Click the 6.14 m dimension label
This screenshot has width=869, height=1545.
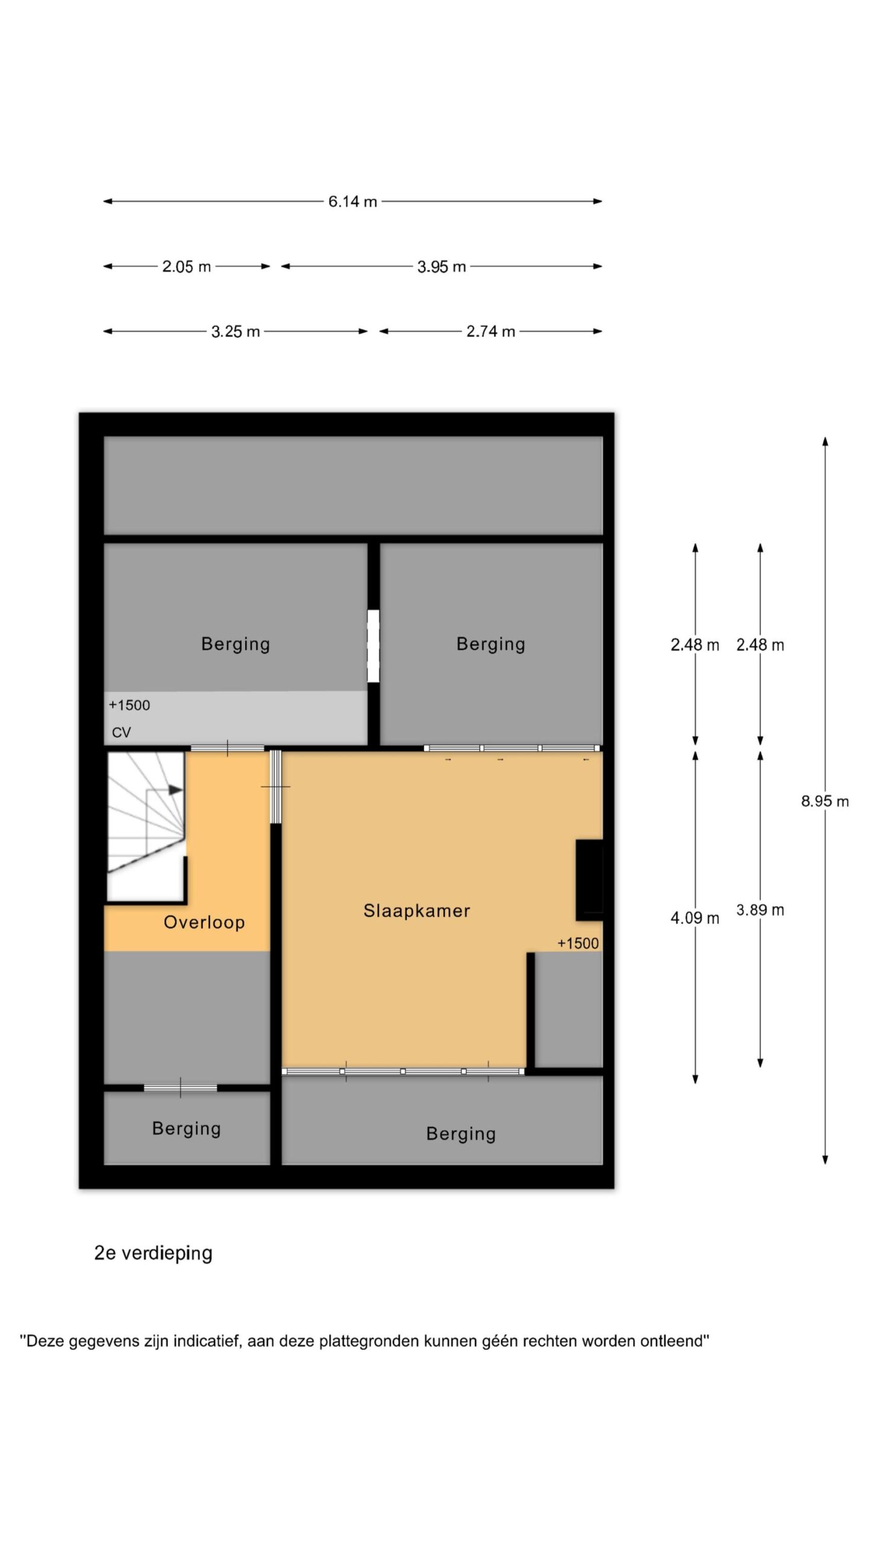tap(352, 202)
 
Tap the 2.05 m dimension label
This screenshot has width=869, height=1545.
tap(186, 266)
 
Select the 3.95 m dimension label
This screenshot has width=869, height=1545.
tap(442, 266)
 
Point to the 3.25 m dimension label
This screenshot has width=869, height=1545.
tap(235, 331)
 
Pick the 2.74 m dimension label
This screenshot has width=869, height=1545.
tap(491, 331)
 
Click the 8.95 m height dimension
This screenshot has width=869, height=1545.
tap(825, 801)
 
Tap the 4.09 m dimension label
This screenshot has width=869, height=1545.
tap(695, 918)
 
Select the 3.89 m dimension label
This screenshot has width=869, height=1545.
tap(760, 910)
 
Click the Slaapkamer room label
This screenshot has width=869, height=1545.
tap(416, 911)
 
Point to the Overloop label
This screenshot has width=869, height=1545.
tap(204, 922)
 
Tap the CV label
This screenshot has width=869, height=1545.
tap(121, 733)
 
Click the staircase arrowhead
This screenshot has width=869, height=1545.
tap(176, 789)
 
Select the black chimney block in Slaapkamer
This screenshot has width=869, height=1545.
tap(589, 880)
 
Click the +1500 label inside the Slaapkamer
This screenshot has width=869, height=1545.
tap(578, 943)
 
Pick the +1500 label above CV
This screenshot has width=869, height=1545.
tap(129, 705)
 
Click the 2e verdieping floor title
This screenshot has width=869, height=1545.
tap(153, 1254)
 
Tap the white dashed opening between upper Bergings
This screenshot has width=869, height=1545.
tap(374, 646)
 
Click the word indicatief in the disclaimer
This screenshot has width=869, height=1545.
tap(208, 1341)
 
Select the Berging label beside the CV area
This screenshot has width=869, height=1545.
tap(235, 644)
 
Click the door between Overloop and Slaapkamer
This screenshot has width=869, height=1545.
tap(276, 787)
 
